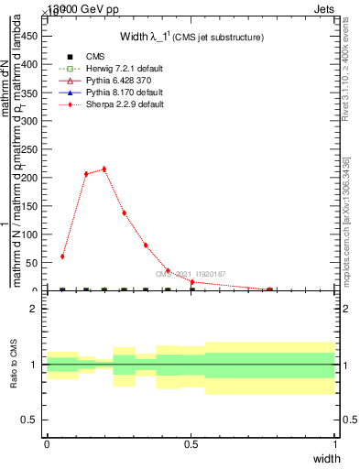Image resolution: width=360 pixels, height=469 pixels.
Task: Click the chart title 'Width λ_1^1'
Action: (192, 38)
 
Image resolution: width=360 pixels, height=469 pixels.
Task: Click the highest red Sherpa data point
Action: (104, 169)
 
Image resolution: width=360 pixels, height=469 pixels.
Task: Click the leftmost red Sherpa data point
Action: (62, 256)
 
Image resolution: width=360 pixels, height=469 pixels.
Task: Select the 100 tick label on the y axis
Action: (30, 234)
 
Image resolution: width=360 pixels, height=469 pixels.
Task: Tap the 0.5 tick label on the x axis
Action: (191, 445)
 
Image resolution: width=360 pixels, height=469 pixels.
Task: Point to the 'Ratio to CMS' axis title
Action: (15, 364)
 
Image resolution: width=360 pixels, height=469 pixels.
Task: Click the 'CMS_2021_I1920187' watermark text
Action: (190, 274)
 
